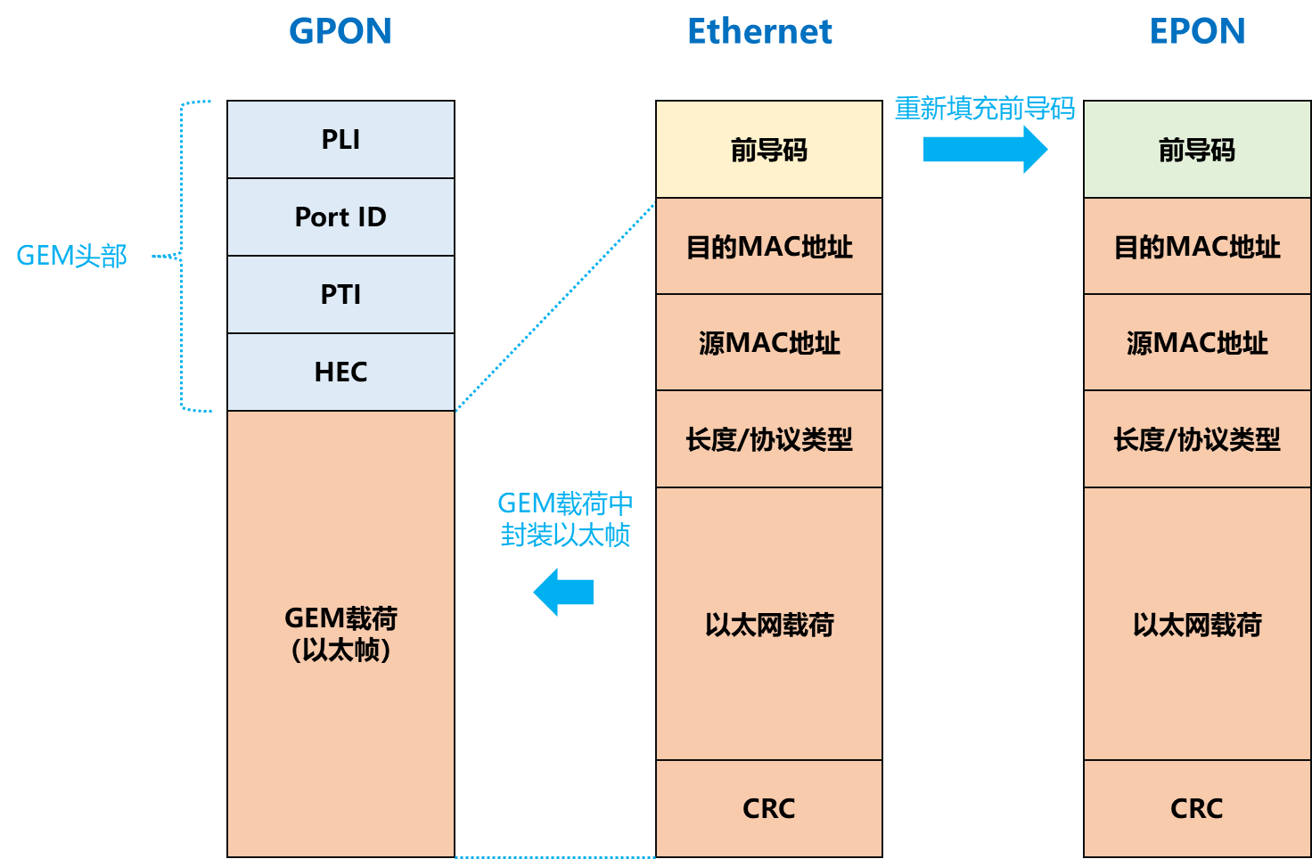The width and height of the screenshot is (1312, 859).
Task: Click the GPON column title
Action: pyautogui.click(x=340, y=31)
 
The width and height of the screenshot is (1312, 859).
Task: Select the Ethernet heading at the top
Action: pyautogui.click(x=759, y=31)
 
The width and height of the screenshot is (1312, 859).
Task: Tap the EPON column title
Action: pyautogui.click(x=1197, y=31)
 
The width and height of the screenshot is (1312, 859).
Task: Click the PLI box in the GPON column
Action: pyautogui.click(x=340, y=140)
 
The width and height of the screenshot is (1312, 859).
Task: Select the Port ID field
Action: pyautogui.click(x=340, y=217)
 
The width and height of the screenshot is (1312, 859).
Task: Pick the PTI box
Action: pyautogui.click(x=340, y=295)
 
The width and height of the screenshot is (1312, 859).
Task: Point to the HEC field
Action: pyautogui.click(x=340, y=372)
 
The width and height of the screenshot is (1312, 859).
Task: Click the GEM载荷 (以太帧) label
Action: pyautogui.click(x=340, y=634)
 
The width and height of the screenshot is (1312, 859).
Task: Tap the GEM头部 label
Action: pyautogui.click(x=71, y=257)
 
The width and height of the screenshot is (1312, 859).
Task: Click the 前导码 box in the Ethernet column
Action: pyautogui.click(x=768, y=150)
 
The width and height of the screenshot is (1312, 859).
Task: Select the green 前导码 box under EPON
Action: pyautogui.click(x=1196, y=150)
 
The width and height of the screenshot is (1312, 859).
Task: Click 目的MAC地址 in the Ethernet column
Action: pyautogui.click(x=768, y=247)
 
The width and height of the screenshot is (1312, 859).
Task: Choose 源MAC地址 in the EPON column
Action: pyautogui.click(x=1196, y=343)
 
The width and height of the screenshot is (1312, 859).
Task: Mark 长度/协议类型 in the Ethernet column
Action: pyautogui.click(x=768, y=439)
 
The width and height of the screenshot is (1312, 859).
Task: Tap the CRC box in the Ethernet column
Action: pyautogui.click(x=768, y=808)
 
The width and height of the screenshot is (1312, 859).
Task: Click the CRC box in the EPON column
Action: pyautogui.click(x=1196, y=808)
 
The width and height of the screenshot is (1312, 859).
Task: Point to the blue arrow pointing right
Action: pyautogui.click(x=984, y=149)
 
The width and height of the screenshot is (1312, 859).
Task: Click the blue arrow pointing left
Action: pyautogui.click(x=563, y=592)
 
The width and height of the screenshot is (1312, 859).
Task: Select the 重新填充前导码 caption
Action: pyautogui.click(x=984, y=108)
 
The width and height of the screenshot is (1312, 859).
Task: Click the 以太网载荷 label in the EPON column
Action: pyautogui.click(x=1196, y=625)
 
